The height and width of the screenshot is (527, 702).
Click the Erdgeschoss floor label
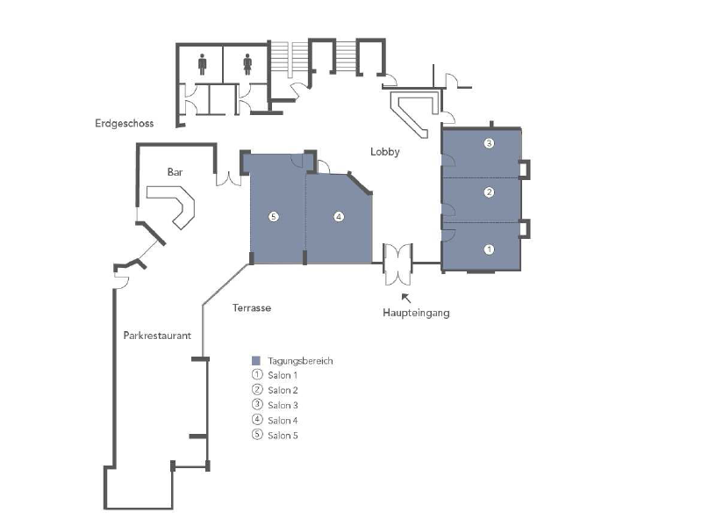point(125,124)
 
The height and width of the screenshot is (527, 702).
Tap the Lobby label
point(384,152)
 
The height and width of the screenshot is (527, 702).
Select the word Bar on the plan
point(175,172)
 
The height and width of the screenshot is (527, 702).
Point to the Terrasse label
point(252,308)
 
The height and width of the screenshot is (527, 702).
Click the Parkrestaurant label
point(157,334)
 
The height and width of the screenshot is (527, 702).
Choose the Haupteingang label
point(415,313)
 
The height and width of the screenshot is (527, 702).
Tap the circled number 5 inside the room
point(274,217)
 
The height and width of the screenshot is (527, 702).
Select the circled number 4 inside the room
point(338,217)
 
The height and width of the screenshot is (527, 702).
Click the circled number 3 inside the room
point(490,143)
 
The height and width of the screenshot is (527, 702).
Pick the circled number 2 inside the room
point(490,191)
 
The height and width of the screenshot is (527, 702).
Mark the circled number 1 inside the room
point(490,249)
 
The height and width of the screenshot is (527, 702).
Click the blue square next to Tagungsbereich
point(256,361)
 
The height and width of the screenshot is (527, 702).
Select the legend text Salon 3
point(283,406)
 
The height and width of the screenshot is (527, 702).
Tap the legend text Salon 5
point(283,436)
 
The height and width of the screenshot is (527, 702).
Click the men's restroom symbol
point(203,63)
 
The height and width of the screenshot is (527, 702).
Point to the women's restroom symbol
point(247,63)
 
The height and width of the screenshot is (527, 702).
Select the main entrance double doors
point(398,263)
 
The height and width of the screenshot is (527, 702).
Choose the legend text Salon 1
point(283,376)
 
